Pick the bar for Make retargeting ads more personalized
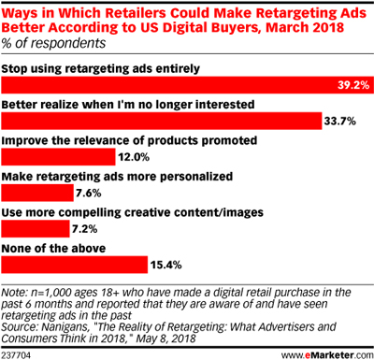tap(37, 194)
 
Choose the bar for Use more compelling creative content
tap(36, 229)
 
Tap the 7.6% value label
tap(90, 194)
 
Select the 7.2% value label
tap(86, 229)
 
